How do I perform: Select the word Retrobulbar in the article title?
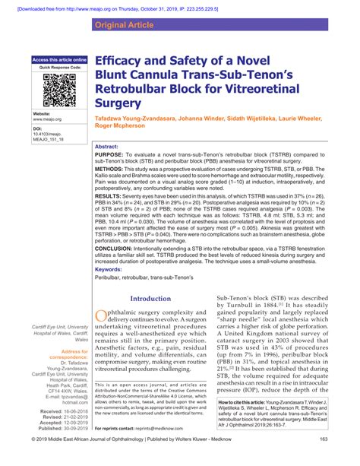[139, 90]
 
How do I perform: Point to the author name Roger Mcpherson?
[125, 127]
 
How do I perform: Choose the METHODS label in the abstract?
[113, 172]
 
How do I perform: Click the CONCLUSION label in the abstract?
[119, 247]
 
